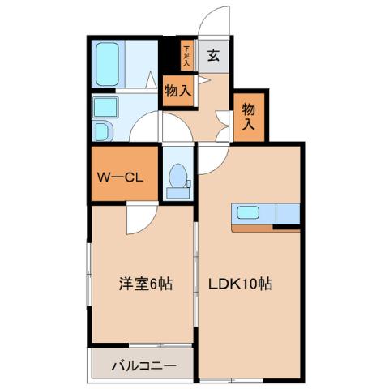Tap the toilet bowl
[x=177, y=176]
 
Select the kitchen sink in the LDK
[x=248, y=213]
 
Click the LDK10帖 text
[x=242, y=284]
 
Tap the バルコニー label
[x=142, y=366]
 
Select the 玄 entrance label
[x=212, y=56]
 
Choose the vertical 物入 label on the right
[x=249, y=117]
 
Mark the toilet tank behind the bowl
[x=177, y=190]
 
